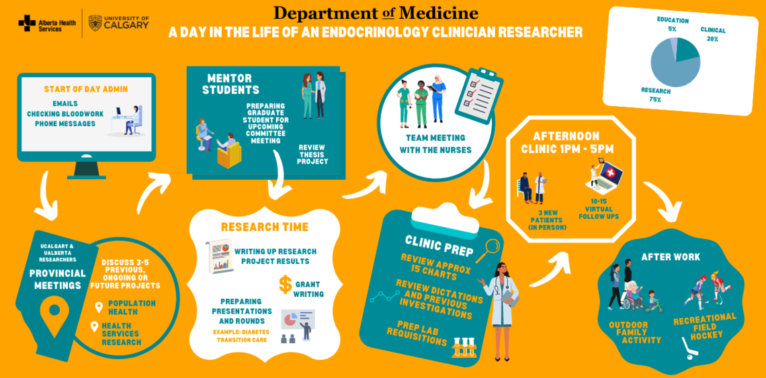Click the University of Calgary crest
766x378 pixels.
pyautogui.click(x=95, y=23)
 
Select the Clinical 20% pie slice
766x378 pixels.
pyautogui.click(x=689, y=50)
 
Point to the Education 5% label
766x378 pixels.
pyautogui.click(x=673, y=24)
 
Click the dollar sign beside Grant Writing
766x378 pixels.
pyautogui.click(x=285, y=285)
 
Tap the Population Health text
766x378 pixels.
pyautogui.click(x=131, y=308)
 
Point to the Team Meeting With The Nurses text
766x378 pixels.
pyautogui.click(x=435, y=144)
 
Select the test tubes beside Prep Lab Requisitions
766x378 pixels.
pyautogui.click(x=464, y=347)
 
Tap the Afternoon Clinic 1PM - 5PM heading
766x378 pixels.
pyautogui.click(x=567, y=143)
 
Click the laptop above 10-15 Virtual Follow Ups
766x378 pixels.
pyautogui.click(x=608, y=175)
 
